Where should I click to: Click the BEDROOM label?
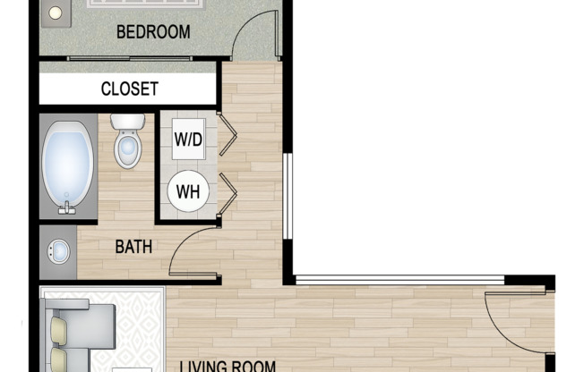(154, 32)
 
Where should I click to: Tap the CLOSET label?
(129, 89)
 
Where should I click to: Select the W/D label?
(188, 140)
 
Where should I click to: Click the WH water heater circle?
(188, 190)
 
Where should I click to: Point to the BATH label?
(133, 246)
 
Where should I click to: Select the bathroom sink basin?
(59, 251)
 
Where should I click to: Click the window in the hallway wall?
(288, 197)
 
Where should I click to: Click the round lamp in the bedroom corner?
(55, 13)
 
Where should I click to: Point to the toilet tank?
(128, 122)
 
